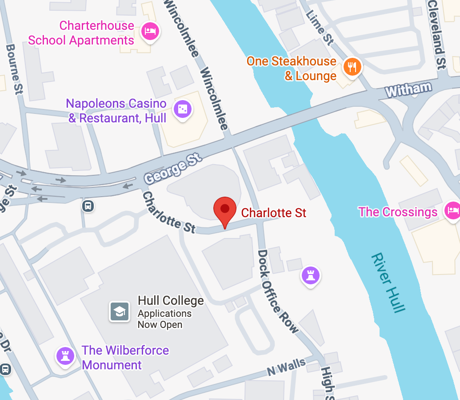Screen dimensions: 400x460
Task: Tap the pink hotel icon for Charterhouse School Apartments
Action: pyautogui.click(x=150, y=31)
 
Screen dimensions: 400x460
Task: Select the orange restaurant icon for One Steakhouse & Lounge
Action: pyautogui.click(x=352, y=67)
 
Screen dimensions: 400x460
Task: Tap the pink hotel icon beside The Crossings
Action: pyautogui.click(x=452, y=210)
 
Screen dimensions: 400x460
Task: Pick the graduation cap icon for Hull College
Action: pyautogui.click(x=120, y=311)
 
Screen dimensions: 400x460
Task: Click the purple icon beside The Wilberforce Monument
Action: pyautogui.click(x=66, y=356)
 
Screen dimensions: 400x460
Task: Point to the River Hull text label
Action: pyautogui.click(x=388, y=283)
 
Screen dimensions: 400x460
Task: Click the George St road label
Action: pyautogui.click(x=173, y=170)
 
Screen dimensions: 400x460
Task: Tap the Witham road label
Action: pyautogui.click(x=408, y=89)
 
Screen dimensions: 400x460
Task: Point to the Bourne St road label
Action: pyautogui.click(x=15, y=69)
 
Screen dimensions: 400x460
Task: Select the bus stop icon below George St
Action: pyautogui.click(x=88, y=206)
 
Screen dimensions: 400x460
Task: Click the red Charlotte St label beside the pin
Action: pyautogui.click(x=273, y=213)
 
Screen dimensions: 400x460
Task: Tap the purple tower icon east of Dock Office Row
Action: pyautogui.click(x=311, y=275)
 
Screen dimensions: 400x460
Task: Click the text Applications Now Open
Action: pyautogui.click(x=164, y=319)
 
